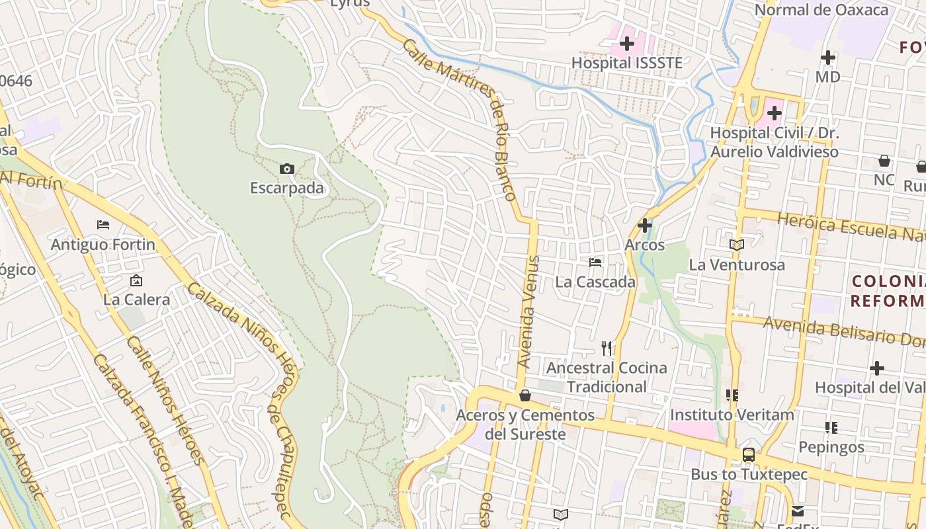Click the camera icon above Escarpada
pyautogui.click(x=287, y=169)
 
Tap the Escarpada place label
pyautogui.click(x=287, y=188)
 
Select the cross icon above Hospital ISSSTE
pyautogui.click(x=627, y=44)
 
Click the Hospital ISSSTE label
pyautogui.click(x=626, y=63)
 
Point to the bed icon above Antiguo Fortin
pyautogui.click(x=103, y=225)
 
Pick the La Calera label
pyautogui.click(x=136, y=300)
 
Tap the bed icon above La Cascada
pyautogui.click(x=595, y=263)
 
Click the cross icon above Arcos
pyautogui.click(x=645, y=225)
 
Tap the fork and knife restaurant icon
pyautogui.click(x=607, y=348)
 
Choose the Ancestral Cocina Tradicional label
pyautogui.click(x=607, y=377)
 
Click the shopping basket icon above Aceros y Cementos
pyautogui.click(x=525, y=395)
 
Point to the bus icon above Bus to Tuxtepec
pyautogui.click(x=749, y=455)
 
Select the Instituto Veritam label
pyautogui.click(x=732, y=415)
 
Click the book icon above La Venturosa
pyautogui.click(x=737, y=245)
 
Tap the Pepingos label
pyautogui.click(x=831, y=447)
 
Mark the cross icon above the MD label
pyautogui.click(x=827, y=58)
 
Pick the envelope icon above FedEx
pyautogui.click(x=798, y=511)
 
